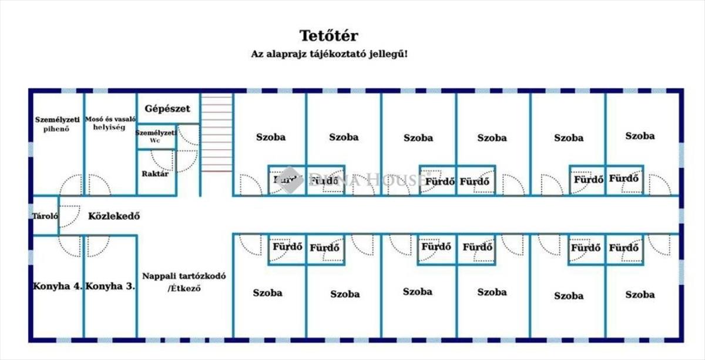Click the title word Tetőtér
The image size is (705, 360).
coord(329,35)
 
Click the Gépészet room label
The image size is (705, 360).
coord(167,109)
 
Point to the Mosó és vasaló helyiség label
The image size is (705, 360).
coord(110,123)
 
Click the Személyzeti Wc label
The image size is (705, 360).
coord(156,137)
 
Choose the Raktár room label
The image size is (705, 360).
coord(155,174)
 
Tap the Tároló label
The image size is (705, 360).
coord(45,216)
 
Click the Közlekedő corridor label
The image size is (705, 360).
coord(114,216)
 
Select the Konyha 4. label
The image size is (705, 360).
coord(57,287)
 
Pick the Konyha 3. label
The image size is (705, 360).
coord(110,287)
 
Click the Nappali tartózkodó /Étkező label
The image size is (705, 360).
coord(184,282)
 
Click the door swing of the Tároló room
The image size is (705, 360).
coord(69,216)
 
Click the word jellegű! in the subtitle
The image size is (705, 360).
coord(391,53)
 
